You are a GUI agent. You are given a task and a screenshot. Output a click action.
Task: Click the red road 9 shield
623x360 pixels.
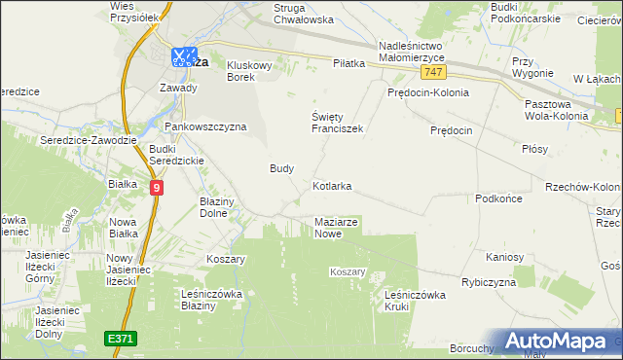(157, 186)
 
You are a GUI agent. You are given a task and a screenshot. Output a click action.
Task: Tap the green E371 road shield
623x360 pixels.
(121, 338)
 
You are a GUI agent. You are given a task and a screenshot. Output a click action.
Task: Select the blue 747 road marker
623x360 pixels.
(435, 74)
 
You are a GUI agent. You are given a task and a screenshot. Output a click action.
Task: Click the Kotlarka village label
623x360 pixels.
(332, 185)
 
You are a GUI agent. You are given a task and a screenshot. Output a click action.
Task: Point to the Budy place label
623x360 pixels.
(281, 167)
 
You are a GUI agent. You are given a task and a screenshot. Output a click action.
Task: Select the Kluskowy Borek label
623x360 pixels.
(254, 71)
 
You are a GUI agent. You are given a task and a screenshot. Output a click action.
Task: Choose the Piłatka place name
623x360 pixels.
(348, 63)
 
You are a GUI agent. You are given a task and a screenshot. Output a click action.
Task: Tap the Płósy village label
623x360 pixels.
(534, 149)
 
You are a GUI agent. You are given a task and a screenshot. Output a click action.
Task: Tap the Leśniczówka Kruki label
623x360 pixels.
(415, 300)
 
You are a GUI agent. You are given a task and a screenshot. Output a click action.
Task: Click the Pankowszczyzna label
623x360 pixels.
(205, 126)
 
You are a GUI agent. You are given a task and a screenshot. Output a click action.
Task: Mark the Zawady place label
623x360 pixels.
(178, 88)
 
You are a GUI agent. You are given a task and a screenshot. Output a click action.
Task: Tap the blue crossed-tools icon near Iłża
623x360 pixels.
(182, 57)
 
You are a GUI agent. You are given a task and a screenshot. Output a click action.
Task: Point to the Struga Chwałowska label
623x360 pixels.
(290, 13)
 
